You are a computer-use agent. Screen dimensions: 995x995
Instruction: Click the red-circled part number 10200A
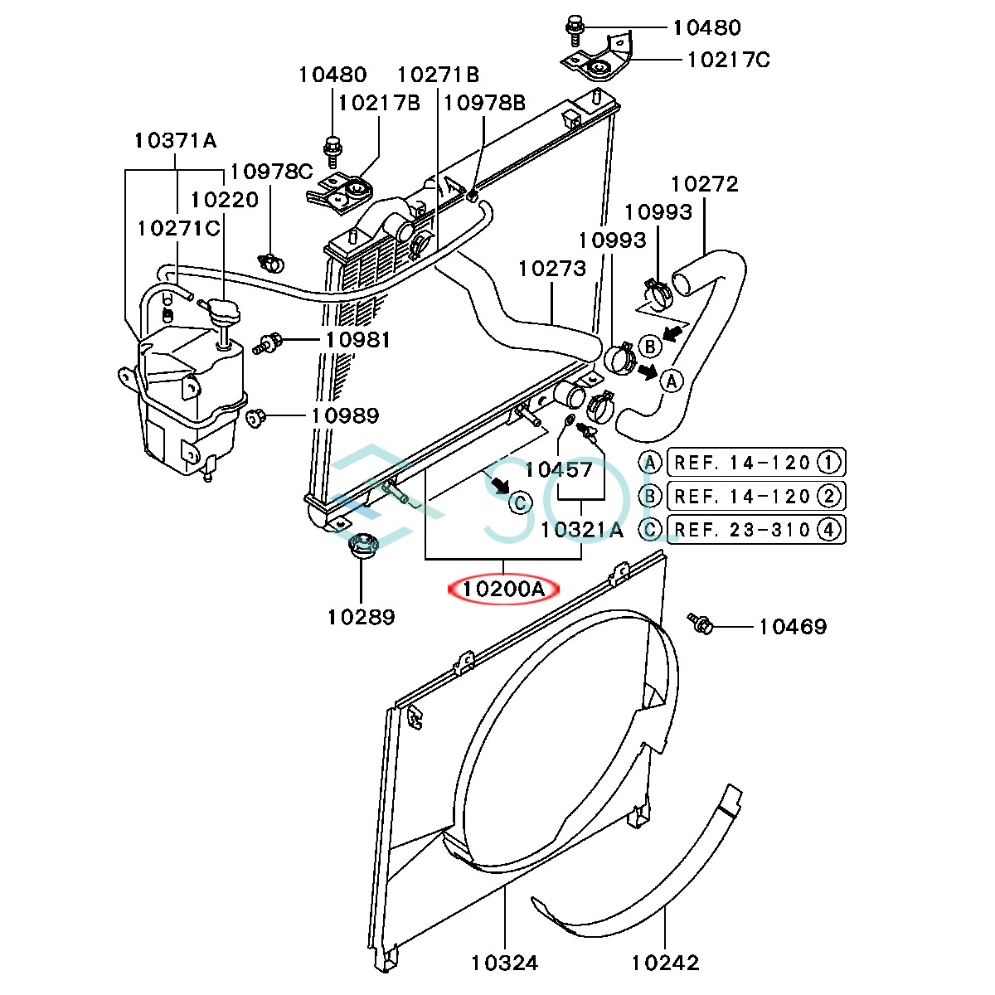coord(503,590)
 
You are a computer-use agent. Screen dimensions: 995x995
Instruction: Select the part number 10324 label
coord(504,963)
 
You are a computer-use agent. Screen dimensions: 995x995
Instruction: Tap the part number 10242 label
coord(665,963)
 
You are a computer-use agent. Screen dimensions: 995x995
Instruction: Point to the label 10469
coord(792,627)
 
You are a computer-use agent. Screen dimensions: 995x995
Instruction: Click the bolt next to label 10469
coord(700,622)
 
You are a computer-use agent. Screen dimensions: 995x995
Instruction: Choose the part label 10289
coord(361,616)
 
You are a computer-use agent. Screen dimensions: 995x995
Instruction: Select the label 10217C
coord(728,60)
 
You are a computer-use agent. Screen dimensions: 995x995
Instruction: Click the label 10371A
coord(175,140)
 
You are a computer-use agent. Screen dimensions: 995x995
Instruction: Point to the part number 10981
coord(357,339)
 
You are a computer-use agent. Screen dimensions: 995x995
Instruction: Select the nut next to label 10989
coord(256,415)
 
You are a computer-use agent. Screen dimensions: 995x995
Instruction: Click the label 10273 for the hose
coord(551,269)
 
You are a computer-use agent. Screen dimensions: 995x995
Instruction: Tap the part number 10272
coord(704,183)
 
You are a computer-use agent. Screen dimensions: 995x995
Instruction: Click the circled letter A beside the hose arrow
coord(670,380)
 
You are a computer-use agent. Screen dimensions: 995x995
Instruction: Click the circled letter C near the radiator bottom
coord(519,502)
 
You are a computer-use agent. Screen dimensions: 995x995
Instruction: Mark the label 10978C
coord(271,172)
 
